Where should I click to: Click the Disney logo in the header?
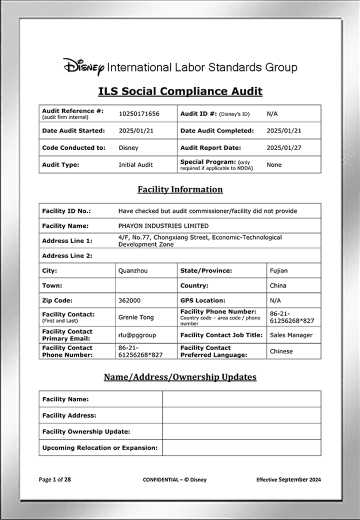83,67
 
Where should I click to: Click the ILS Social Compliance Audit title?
180,91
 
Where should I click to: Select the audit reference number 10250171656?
139,114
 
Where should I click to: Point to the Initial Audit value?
135,165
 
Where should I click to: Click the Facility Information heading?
180,189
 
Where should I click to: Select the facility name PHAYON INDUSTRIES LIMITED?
163,226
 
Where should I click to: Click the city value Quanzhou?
133,271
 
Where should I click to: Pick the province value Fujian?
278,271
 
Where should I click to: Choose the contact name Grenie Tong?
136,317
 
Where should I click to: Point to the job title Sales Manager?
291,335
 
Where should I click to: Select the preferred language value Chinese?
281,351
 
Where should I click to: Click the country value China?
278,286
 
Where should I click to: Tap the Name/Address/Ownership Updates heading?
180,377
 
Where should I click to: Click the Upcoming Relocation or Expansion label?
100,448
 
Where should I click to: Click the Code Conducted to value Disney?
128,148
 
